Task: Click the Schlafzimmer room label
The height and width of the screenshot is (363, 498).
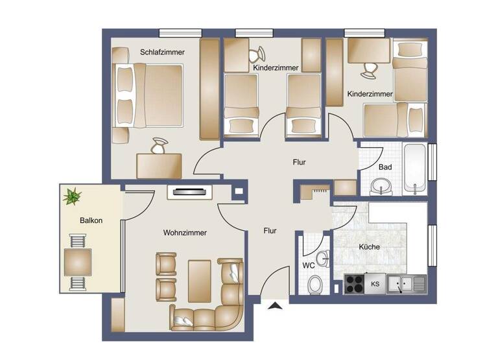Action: (163, 53)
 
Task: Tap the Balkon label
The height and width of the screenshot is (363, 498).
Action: (91, 220)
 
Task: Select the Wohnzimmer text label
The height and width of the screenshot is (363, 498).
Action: (185, 233)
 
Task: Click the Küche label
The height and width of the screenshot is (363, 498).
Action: (370, 247)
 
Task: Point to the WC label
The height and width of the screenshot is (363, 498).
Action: (309, 265)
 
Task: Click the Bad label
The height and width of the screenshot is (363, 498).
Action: (385, 167)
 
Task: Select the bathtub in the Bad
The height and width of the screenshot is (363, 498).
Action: (414, 169)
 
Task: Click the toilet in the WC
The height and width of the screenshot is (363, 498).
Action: (316, 284)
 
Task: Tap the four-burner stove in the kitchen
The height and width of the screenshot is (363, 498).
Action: (355, 283)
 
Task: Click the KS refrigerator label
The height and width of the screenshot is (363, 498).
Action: (375, 284)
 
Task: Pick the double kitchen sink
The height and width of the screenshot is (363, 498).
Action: (405, 283)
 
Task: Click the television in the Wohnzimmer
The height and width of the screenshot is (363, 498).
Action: (189, 191)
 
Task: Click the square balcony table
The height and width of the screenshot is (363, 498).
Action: (77, 262)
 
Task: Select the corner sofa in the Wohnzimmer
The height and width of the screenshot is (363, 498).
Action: (214, 305)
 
